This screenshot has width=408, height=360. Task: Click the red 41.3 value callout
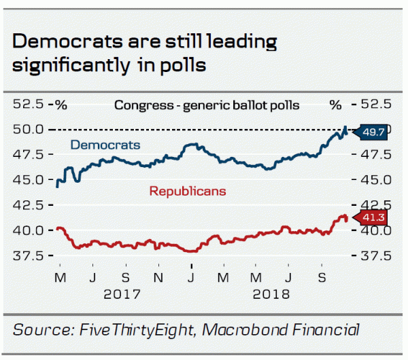tap(373, 218)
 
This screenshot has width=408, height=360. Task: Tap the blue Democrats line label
tap(105, 145)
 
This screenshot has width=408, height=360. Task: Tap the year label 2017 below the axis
tap(123, 295)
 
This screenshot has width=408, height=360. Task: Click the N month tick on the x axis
tap(158, 278)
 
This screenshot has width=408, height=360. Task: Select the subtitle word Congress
tap(139, 105)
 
